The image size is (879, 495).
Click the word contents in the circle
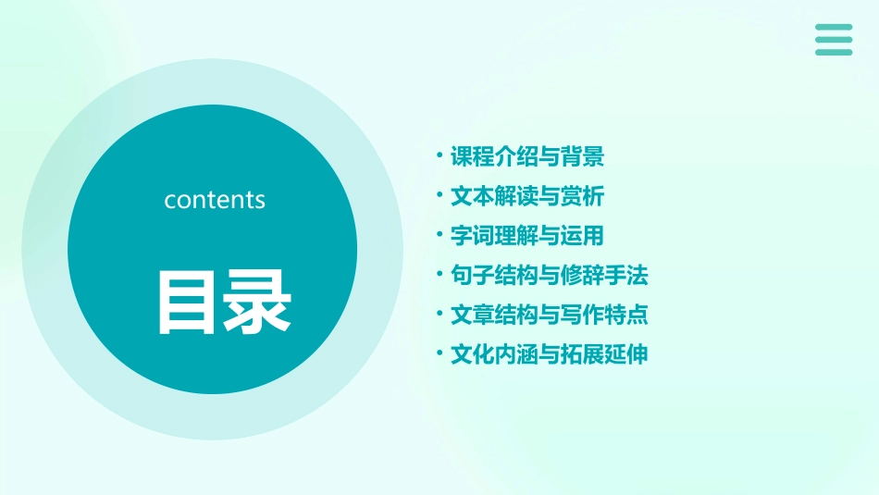pyautogui.click(x=215, y=200)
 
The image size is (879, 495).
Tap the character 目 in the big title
pyautogui.click(x=189, y=302)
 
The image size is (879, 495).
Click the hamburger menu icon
pyautogui.click(x=834, y=40)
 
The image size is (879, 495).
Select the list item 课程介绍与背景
pyautogui.click(x=526, y=157)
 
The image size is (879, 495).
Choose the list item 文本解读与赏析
pyautogui.click(x=526, y=197)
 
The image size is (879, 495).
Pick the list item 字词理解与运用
pyautogui.click(x=526, y=236)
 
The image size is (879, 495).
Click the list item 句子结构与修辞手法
pyautogui.click(x=549, y=276)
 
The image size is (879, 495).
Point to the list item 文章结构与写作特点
pyautogui.click(x=549, y=315)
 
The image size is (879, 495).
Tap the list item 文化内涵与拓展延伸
pyautogui.click(x=549, y=354)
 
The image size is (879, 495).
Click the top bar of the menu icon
pyautogui.click(x=834, y=27)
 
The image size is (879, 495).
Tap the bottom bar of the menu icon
pyautogui.click(x=834, y=52)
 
